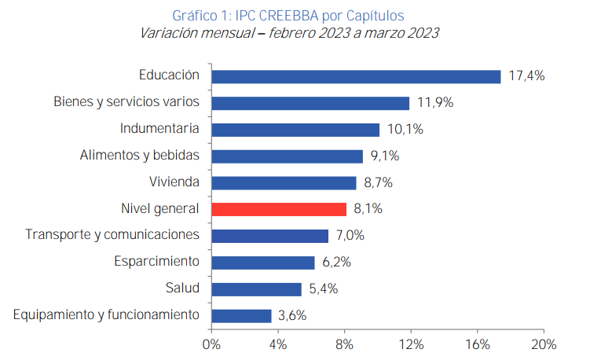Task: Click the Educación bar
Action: pos(356,76)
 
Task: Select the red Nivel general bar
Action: pos(279,209)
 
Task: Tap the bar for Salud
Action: pos(257,288)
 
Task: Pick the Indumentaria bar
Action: pos(295,130)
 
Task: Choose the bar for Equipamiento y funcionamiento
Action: pos(241,315)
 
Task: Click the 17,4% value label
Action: pos(526,76)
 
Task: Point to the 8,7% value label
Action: pos(378,182)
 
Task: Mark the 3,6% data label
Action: pos(292,315)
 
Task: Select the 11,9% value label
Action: pos(435,103)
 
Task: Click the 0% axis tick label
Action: pos(211,344)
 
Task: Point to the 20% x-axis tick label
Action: pos(544,344)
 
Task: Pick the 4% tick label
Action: pos(278,344)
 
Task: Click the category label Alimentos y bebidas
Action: pos(140,156)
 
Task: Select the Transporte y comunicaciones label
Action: pos(112,235)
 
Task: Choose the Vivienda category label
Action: pos(174,182)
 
